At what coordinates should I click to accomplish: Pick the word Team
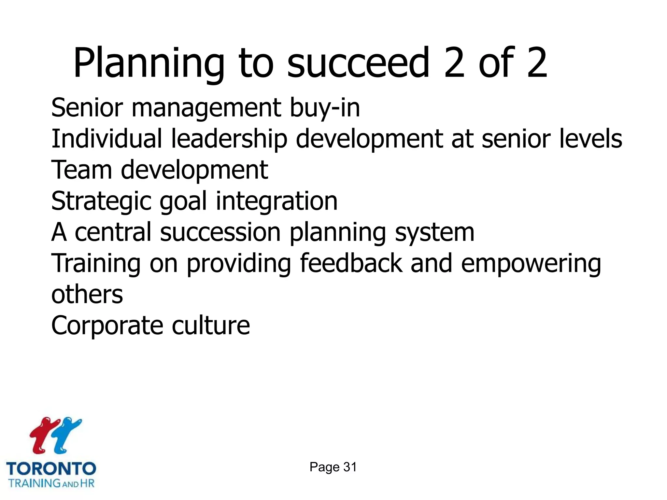(x=81, y=170)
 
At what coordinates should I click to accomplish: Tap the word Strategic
(x=101, y=201)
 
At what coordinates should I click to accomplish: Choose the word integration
(x=277, y=201)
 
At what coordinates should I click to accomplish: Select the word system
(x=434, y=232)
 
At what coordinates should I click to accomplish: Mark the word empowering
(x=531, y=263)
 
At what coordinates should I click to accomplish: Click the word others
(x=87, y=294)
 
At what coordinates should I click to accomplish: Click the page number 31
(x=350, y=467)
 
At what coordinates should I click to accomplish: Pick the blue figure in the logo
(x=67, y=435)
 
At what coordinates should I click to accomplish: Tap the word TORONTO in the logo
(x=51, y=469)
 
